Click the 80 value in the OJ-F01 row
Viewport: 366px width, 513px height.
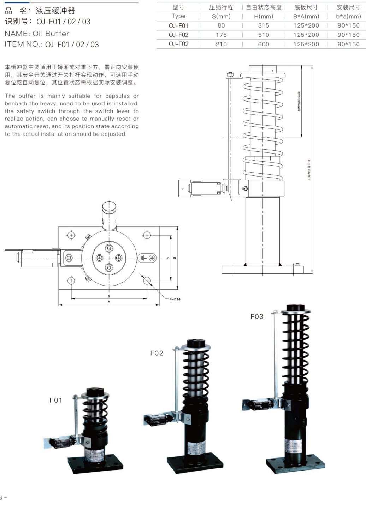(221, 25)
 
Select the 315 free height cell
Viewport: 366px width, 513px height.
(264, 25)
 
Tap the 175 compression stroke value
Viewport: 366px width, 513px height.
(221, 35)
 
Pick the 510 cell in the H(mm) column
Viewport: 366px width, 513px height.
(264, 35)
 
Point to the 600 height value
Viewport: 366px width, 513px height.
(264, 44)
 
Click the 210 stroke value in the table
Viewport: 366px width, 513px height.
(221, 44)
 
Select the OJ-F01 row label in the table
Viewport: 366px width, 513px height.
(178, 25)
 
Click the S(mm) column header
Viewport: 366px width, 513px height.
(221, 16)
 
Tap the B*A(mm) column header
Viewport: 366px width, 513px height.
(306, 16)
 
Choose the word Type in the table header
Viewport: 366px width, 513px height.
(178, 16)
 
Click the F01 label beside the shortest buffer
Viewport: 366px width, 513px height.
(55, 400)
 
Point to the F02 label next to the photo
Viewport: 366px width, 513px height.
(157, 353)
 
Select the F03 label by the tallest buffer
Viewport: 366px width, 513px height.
(257, 316)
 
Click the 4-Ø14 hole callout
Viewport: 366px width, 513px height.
(175, 299)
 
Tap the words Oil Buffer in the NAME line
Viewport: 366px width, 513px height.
(51, 34)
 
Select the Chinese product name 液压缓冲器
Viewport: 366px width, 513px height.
(55, 11)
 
